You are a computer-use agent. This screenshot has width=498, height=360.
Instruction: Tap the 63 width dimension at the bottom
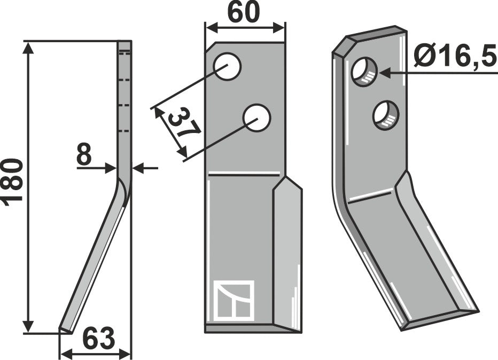tap(98, 339)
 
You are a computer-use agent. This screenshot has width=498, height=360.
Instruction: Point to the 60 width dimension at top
tap(244, 13)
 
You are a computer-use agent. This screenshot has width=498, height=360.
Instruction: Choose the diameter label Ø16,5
tap(455, 56)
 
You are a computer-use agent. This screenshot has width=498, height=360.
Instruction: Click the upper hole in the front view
tap(228, 66)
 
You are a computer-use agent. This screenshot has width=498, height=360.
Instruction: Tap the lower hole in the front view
tap(256, 118)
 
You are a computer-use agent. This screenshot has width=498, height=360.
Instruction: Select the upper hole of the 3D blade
tap(364, 72)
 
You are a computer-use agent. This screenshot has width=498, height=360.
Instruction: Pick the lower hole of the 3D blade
tap(386, 115)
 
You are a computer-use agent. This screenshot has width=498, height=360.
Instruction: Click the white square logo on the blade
tap(234, 300)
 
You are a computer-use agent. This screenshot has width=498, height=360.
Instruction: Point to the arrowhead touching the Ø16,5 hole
tap(385, 73)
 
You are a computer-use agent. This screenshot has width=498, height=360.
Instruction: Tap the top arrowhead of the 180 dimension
tap(28, 48)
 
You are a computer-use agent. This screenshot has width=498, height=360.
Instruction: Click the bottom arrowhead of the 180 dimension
tap(28, 327)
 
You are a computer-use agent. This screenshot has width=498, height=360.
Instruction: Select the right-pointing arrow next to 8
tap(110, 168)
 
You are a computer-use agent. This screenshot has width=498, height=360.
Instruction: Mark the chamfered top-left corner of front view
tap(211, 48)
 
